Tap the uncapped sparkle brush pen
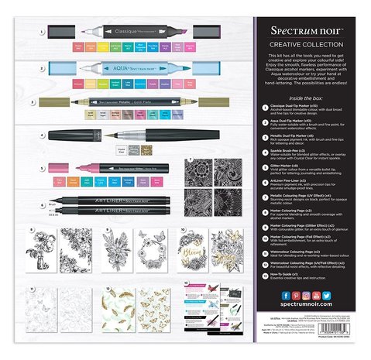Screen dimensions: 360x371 tap(116, 135)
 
